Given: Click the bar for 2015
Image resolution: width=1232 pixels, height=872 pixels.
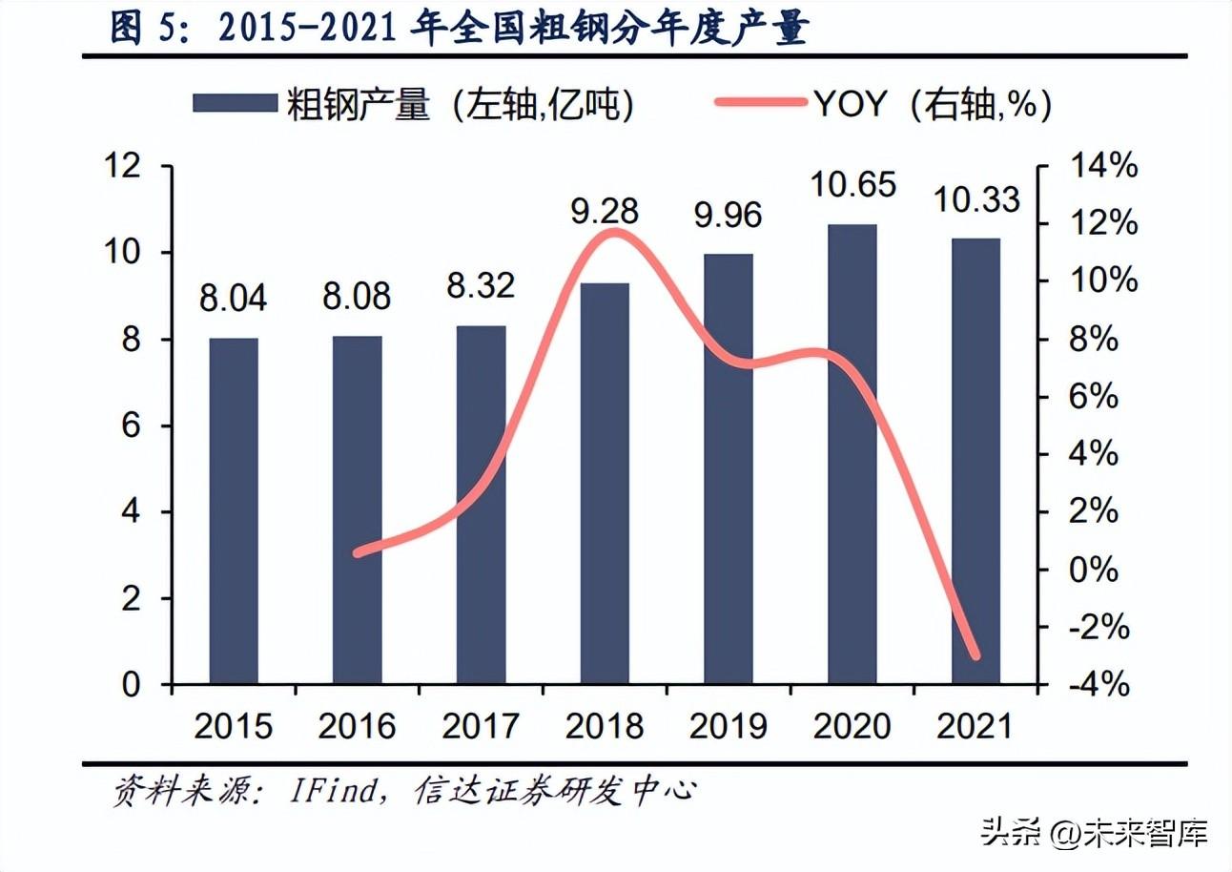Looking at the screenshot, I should [234, 510].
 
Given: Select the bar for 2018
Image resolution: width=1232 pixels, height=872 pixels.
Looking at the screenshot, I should [605, 483].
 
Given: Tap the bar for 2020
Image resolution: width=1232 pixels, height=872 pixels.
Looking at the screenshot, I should [852, 454].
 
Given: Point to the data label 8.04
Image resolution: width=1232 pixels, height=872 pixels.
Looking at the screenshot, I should [234, 298].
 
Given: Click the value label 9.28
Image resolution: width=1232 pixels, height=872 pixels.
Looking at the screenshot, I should [605, 211].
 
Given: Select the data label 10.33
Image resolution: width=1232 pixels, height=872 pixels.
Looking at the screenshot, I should [975, 199].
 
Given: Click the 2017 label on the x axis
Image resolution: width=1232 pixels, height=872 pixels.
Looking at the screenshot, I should [481, 727].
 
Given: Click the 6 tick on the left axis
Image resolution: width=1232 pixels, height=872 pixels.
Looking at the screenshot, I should [132, 426].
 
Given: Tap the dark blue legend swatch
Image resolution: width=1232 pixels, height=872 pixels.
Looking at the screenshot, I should [235, 104].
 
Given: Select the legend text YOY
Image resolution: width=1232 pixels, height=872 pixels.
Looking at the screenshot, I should [850, 104].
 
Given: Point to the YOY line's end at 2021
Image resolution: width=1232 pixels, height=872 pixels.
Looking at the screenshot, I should [975, 656].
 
